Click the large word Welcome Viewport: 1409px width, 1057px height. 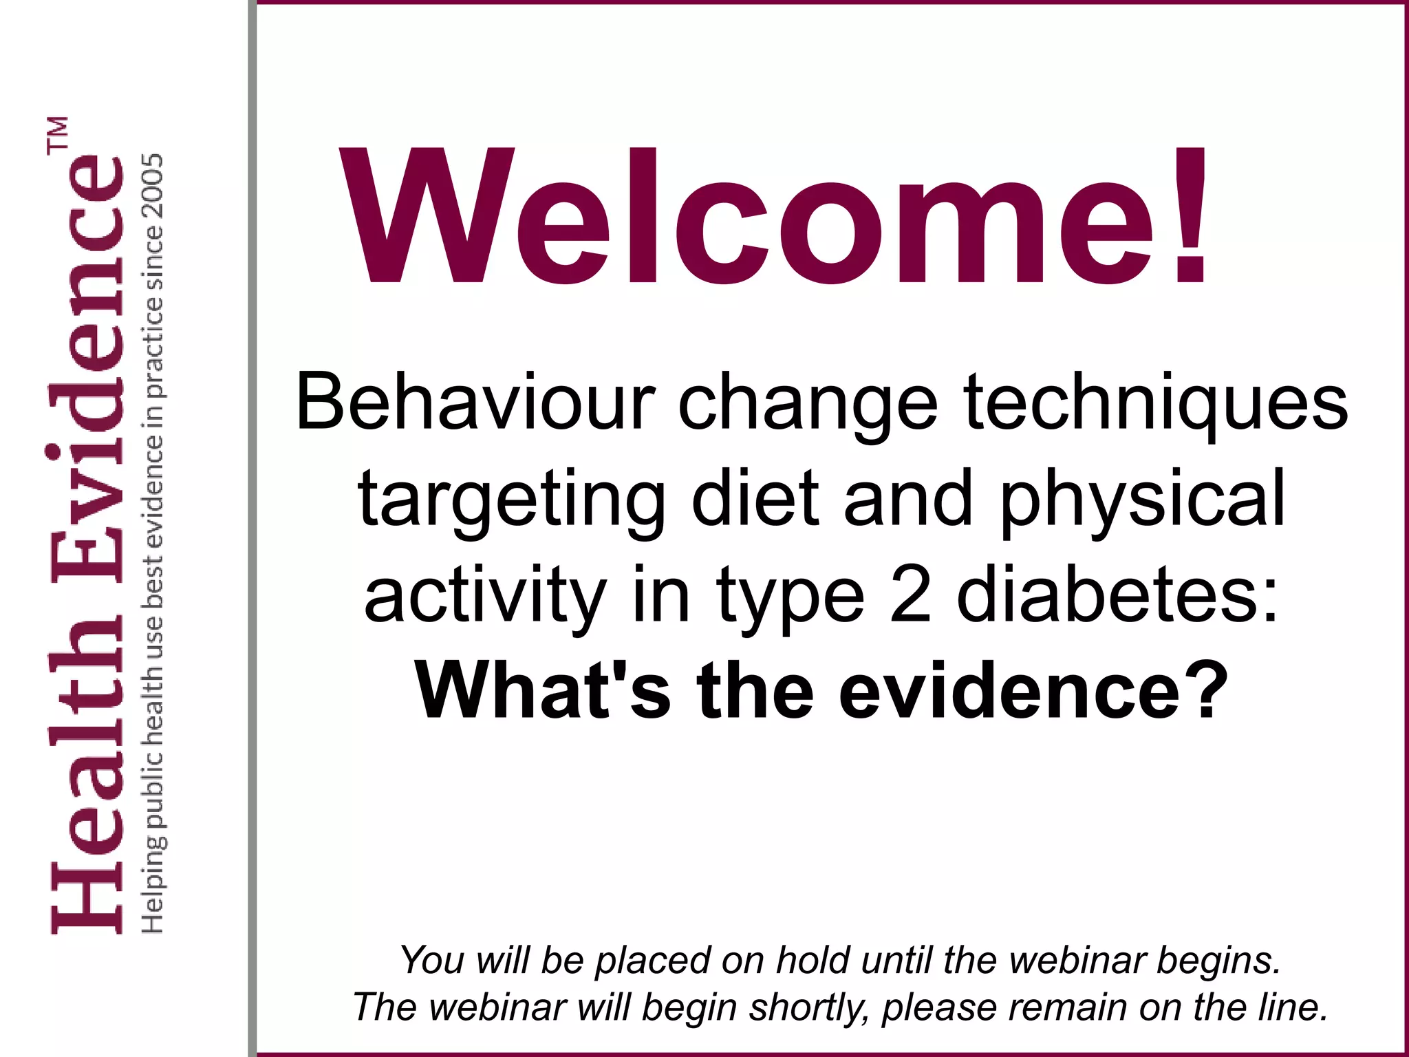pyautogui.click(x=750, y=217)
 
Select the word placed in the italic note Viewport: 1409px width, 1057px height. pyautogui.click(x=653, y=961)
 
